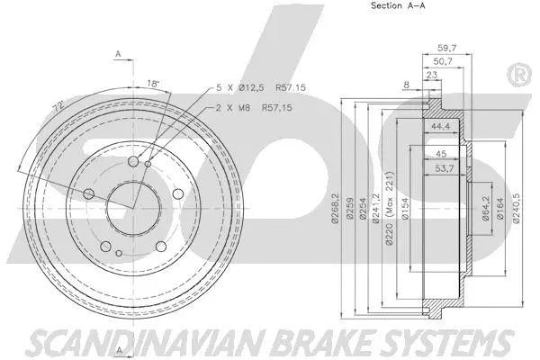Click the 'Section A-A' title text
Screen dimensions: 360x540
coord(372,6)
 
